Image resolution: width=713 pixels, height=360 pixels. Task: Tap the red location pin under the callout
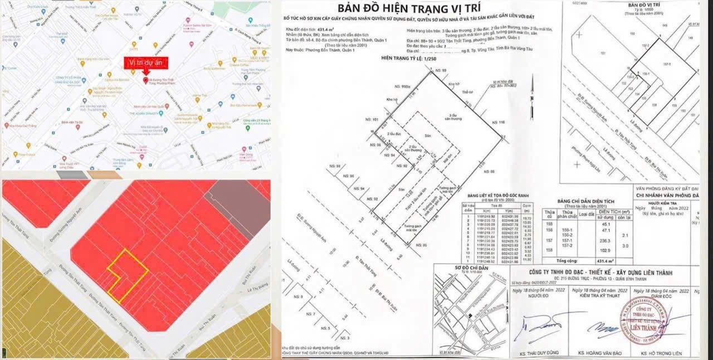(x=146, y=81)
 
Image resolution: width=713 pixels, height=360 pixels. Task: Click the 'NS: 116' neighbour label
(x=497, y=122)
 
